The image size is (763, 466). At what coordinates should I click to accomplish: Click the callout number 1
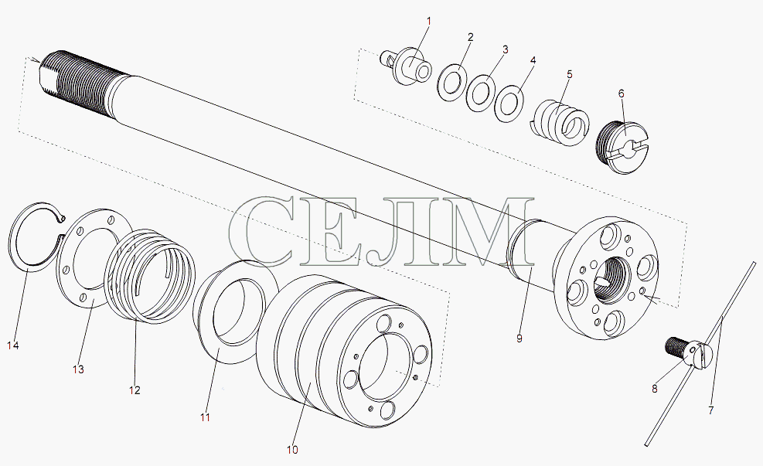tap(429, 22)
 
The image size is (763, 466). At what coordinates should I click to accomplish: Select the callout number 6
tap(622, 94)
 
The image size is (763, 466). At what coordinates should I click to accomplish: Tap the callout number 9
tap(519, 338)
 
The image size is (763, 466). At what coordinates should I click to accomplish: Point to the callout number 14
tap(13, 345)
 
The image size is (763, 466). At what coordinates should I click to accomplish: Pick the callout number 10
tap(292, 450)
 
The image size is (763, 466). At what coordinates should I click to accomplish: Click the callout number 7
tap(711, 410)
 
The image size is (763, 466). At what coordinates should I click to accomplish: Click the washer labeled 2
tap(452, 83)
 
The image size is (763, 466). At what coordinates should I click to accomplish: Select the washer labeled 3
tap(481, 93)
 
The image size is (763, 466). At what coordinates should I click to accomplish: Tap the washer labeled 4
tap(509, 104)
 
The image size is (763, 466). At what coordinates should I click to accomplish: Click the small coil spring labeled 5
tap(560, 123)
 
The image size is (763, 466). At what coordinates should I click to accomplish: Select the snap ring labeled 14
tap(18, 251)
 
